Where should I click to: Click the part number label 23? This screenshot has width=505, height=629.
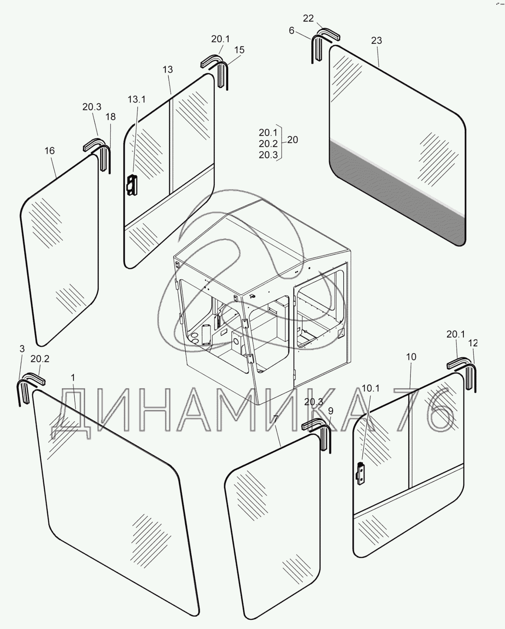tap(376, 40)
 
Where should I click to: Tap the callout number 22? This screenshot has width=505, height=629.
tap(308, 18)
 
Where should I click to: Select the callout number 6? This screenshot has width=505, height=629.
tap(291, 31)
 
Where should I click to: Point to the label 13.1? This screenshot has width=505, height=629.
tap(136, 99)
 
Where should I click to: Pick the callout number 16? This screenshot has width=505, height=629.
tap(49, 151)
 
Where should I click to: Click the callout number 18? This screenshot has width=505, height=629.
tap(111, 117)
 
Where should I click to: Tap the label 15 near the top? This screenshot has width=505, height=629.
tap(239, 50)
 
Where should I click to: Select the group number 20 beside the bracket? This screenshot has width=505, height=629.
tap(293, 140)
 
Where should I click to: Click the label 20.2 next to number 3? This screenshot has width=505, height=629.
tap(40, 359)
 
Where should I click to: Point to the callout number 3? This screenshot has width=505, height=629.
tap(22, 349)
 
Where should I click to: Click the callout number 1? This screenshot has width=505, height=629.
tap(73, 377)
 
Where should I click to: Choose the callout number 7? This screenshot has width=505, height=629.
tap(276, 418)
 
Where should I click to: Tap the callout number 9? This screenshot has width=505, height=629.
tap(331, 411)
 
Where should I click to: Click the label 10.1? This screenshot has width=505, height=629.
tap(371, 388)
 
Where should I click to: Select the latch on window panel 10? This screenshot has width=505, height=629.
tap(361, 474)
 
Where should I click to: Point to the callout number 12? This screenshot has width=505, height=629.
tap(473, 343)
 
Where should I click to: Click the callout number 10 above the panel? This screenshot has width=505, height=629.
tap(411, 357)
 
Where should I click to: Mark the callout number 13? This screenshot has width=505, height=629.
tap(168, 70)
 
